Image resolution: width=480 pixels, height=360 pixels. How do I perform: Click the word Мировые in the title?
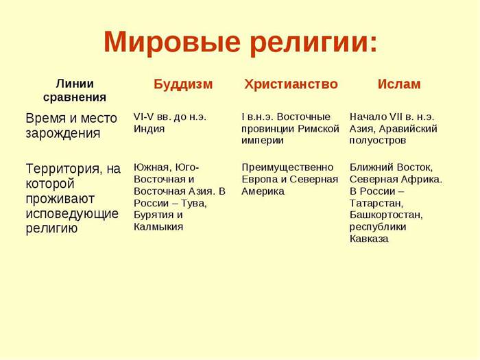pos(171,42)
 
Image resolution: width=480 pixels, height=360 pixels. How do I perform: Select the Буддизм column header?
pos(183,84)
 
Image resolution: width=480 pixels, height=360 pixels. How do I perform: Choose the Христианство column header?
pos(291,84)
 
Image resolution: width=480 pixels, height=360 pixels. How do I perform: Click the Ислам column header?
pos(399,84)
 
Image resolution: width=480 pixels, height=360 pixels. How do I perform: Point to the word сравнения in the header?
pos(75,97)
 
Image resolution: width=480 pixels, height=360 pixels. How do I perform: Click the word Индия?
pos(149,129)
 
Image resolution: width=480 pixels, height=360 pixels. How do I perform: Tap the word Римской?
pos(318,129)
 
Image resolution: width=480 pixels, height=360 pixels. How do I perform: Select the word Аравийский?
pos(408,129)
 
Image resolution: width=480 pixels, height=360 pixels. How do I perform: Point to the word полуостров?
pos(377,141)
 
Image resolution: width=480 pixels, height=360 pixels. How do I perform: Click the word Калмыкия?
pos(158,227)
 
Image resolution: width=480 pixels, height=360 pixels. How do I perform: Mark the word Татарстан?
pos(376,203)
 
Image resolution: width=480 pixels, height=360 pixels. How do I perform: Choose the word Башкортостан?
pos(386,215)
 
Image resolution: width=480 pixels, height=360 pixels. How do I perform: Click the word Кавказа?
pos(369,239)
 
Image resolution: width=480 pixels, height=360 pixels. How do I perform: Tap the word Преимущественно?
pos(287,168)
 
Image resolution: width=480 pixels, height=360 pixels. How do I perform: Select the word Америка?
pos(263,191)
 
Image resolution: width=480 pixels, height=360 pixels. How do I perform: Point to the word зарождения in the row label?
pos(63,134)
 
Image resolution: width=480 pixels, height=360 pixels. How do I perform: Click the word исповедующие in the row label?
pos(72,214)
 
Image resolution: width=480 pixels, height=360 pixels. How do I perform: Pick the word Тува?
pos(193,203)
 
